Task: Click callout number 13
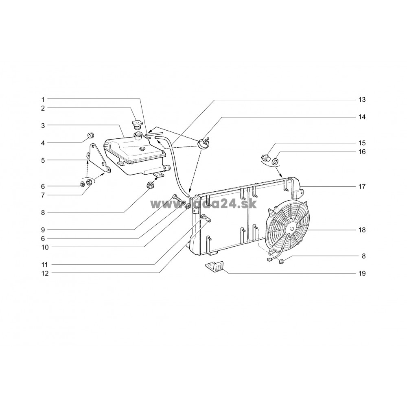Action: (362, 100)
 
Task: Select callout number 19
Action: (362, 274)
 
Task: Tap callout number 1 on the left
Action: (43, 99)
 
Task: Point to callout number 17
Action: (362, 186)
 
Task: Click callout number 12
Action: (45, 274)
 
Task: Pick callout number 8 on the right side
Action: (363, 256)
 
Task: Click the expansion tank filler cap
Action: (136, 124)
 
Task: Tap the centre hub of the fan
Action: (291, 229)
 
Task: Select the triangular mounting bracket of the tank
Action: (97, 158)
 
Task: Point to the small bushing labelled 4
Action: (90, 136)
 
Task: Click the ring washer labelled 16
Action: (275, 162)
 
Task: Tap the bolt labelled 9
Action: (176, 198)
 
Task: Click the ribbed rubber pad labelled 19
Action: (214, 266)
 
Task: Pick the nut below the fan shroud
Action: (281, 262)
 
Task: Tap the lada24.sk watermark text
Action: (203, 204)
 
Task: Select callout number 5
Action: (43, 160)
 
